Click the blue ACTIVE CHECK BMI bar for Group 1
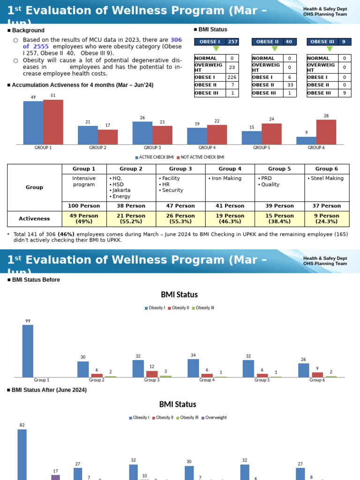click(33, 123)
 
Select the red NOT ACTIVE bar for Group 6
click(326, 132)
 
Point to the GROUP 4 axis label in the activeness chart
click(207, 148)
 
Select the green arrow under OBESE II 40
click(275, 49)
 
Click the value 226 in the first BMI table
click(232, 77)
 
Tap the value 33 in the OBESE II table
click(290, 85)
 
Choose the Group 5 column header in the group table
click(279, 169)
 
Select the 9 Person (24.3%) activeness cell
click(327, 218)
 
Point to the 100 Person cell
click(84, 206)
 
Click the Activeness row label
click(34, 218)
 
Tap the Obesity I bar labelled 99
click(28, 351)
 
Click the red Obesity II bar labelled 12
click(152, 374)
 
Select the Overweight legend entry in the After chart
click(214, 417)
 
